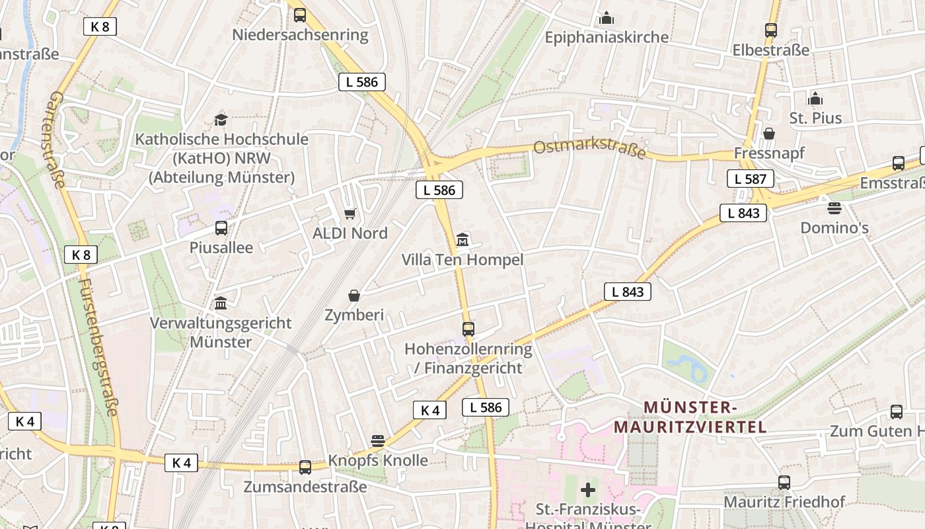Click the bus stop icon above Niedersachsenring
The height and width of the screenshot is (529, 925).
(x=300, y=15)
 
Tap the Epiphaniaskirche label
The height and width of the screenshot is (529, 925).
(x=606, y=37)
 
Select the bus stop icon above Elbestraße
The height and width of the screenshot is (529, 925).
(x=770, y=30)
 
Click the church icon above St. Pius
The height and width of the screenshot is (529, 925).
(x=815, y=99)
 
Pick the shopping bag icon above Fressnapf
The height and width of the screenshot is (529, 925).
(x=769, y=134)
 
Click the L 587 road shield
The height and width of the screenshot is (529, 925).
(x=751, y=179)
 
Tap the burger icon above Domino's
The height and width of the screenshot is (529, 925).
(x=834, y=208)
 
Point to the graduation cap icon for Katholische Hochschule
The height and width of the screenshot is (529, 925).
(x=221, y=120)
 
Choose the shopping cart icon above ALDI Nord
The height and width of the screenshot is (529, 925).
(x=350, y=214)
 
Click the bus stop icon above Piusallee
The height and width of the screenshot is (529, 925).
(x=221, y=228)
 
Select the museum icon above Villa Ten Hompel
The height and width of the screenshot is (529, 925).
(x=462, y=239)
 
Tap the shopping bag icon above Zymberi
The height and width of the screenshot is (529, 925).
(x=354, y=295)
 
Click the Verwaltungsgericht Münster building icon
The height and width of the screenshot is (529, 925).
(x=221, y=303)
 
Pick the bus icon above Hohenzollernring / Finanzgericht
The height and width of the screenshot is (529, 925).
(x=468, y=329)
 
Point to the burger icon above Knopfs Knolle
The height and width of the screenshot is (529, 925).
(x=378, y=440)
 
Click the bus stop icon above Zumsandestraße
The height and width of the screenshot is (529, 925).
(x=305, y=467)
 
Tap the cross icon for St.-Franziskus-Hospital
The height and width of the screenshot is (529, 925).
(x=587, y=490)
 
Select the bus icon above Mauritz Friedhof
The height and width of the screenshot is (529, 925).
(x=784, y=482)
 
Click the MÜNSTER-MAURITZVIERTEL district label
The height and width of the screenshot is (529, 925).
(x=690, y=417)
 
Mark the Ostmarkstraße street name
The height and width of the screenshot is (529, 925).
(x=589, y=148)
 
